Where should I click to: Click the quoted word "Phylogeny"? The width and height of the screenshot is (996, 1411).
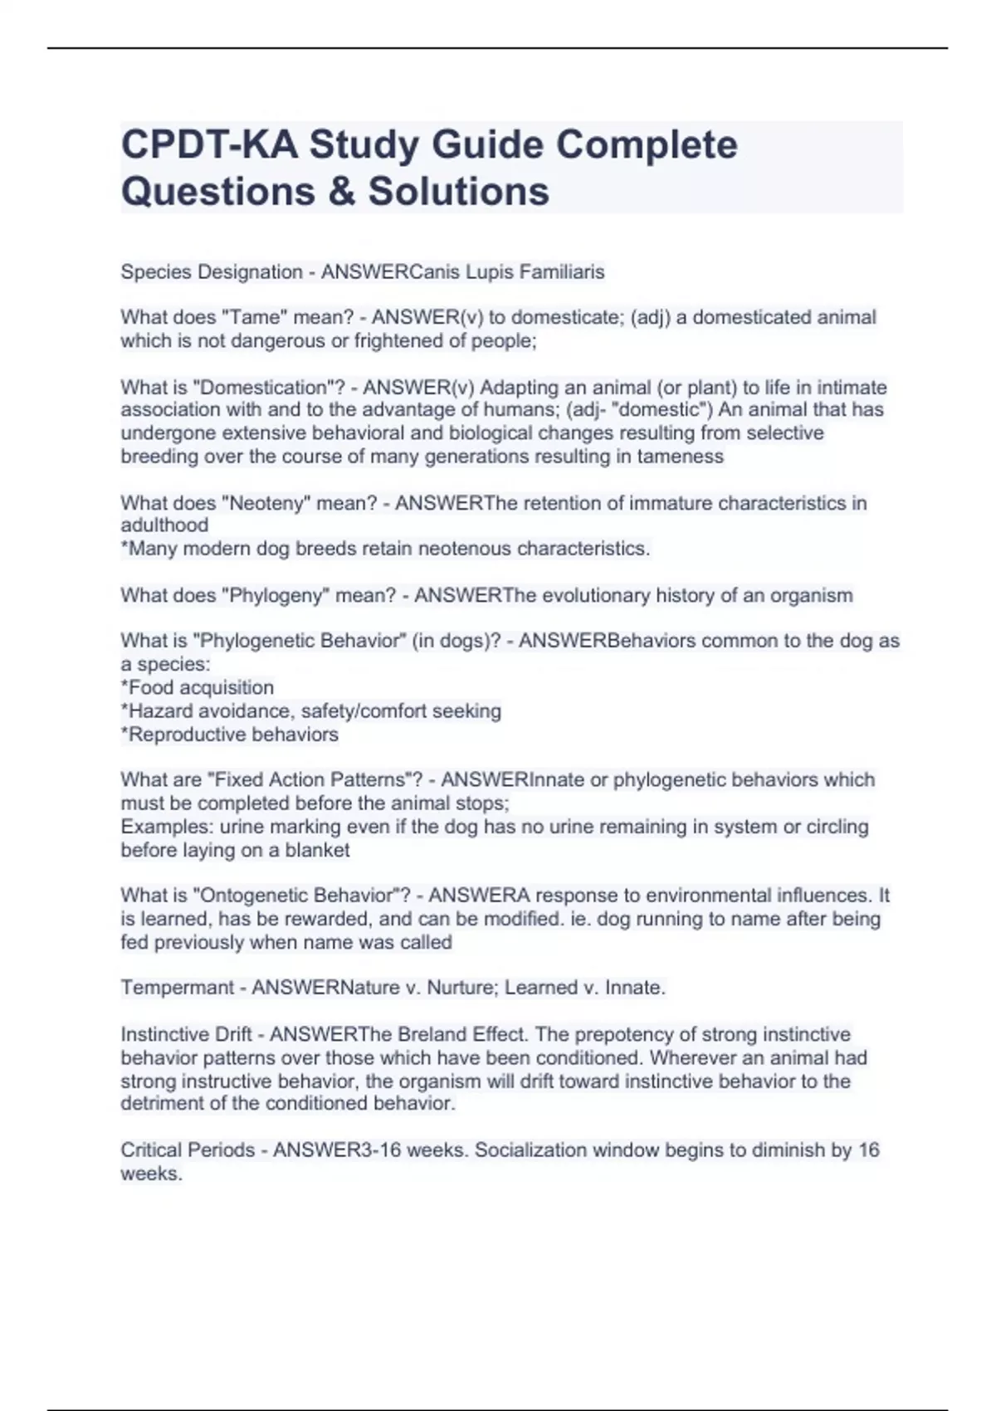click(x=278, y=595)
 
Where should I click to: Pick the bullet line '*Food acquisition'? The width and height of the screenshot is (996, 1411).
click(x=198, y=687)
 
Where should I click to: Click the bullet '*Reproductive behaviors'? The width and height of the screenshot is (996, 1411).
click(x=230, y=735)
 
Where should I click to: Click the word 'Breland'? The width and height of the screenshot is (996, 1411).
click(x=431, y=1034)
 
